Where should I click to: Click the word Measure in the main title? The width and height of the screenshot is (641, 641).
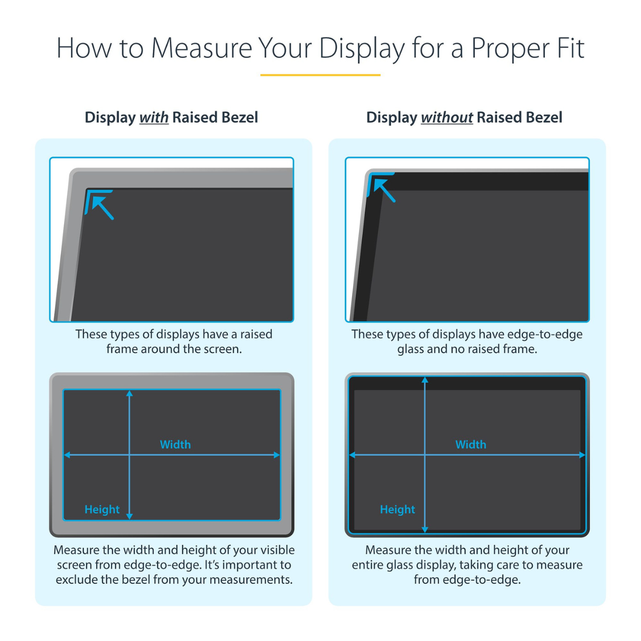point(201,48)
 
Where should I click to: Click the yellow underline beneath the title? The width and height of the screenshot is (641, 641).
point(320,75)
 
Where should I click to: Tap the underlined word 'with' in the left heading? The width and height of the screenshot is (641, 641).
point(154,118)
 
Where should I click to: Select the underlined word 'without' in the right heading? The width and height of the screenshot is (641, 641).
point(447,118)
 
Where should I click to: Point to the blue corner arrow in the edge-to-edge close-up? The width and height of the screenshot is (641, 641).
point(384,190)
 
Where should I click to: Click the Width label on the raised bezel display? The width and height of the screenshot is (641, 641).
point(175,444)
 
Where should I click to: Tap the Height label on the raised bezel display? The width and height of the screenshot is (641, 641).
point(102,510)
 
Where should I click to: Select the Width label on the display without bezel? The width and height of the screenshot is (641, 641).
point(471,444)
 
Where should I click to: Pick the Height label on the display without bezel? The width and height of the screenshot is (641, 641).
point(397,510)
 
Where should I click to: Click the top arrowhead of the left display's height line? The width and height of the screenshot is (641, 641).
point(129,394)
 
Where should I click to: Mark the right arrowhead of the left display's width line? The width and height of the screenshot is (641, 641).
point(277,455)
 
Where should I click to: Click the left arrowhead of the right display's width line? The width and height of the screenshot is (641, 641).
point(353,455)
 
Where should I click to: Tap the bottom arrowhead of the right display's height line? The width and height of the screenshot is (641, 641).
point(425,529)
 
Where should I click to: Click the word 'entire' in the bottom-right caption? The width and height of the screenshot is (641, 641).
point(368,565)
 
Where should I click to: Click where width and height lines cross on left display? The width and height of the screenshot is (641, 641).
point(129,455)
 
